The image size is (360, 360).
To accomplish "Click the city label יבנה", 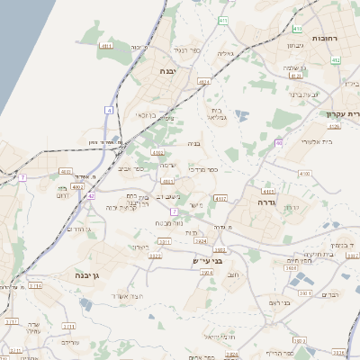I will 168,70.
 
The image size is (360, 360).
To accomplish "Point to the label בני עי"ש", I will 207,261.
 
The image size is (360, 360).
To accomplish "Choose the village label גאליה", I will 226,53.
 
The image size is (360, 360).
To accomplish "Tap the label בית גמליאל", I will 218,113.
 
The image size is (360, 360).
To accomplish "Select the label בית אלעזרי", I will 311,142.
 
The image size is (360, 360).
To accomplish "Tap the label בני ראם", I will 281,303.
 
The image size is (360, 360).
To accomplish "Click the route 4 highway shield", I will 108,110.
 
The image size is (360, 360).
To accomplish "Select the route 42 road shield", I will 91,194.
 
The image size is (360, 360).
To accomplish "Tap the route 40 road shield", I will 280,142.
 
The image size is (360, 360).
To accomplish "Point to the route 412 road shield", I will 336,60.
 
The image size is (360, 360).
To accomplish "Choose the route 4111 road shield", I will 107,46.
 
